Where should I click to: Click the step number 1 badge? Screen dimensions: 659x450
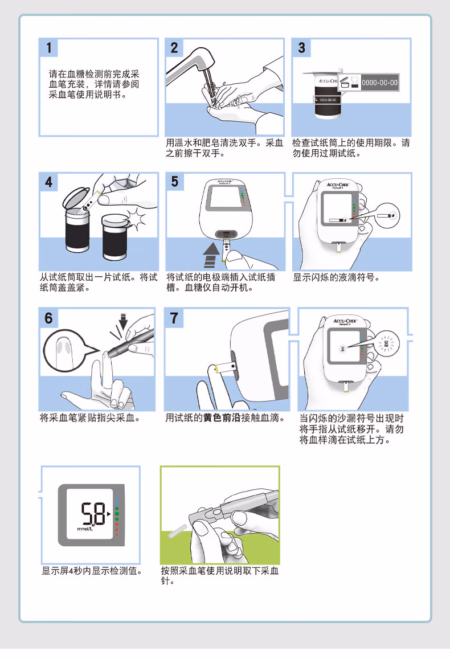coord(50,48)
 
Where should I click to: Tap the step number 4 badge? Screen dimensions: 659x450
coord(50,183)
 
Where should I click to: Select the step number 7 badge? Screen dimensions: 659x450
coord(174,318)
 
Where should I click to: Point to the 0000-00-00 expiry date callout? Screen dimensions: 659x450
coord(380,83)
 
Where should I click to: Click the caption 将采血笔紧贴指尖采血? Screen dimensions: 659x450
coord(90,418)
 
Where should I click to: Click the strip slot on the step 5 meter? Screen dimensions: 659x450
coord(227,235)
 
